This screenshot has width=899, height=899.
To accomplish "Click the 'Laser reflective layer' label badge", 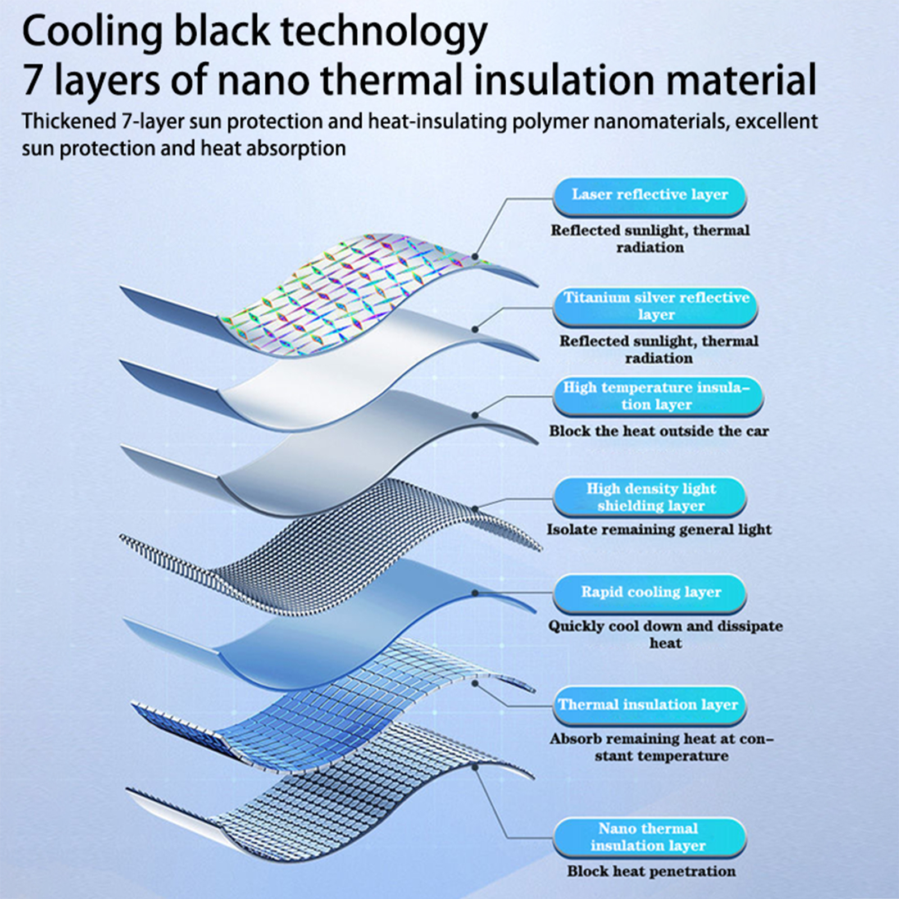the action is click(650, 197).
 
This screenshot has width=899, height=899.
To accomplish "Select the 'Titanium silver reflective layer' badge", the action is click(655, 307).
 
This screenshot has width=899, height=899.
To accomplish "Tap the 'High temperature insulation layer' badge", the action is click(658, 397).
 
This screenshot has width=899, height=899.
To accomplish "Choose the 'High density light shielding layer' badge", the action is click(650, 497).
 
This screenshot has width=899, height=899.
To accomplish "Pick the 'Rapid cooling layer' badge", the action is click(650, 593).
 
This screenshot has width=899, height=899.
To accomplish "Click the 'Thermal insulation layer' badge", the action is click(650, 706).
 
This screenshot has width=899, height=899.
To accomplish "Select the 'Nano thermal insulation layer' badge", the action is click(650, 838).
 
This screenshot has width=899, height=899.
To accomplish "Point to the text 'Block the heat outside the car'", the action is click(659, 432).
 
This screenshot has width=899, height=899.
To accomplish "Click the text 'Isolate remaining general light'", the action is click(659, 530).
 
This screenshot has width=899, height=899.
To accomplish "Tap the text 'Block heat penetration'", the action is click(651, 871).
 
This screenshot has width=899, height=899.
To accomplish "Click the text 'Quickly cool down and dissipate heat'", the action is click(666, 634).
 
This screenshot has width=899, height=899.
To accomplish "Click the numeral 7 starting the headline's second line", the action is click(32, 80).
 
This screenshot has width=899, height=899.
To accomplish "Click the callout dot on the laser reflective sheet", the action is click(475, 257).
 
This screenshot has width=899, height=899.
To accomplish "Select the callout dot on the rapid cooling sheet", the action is click(475, 593).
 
